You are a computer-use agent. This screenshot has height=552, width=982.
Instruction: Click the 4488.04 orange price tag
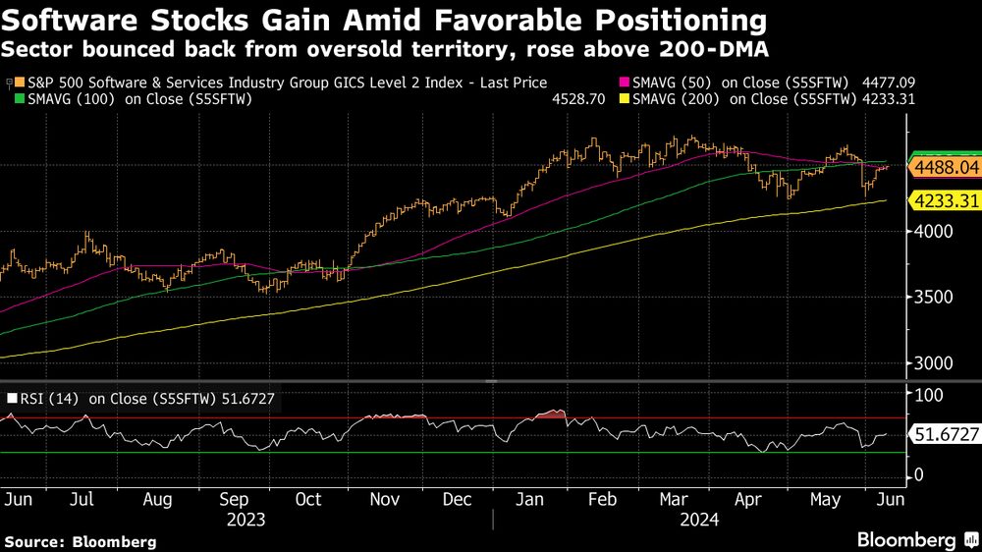click(x=947, y=169)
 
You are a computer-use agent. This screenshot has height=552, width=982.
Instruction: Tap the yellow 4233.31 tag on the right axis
click(x=947, y=200)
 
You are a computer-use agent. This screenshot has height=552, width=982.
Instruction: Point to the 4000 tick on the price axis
click(x=934, y=232)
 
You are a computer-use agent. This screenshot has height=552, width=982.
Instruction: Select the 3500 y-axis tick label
click(x=934, y=298)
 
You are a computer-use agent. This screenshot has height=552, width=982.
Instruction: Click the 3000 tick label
click(x=934, y=362)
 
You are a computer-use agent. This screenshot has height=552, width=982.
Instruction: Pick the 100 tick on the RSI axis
click(x=928, y=395)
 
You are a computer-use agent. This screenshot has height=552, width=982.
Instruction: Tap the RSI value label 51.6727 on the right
click(x=947, y=433)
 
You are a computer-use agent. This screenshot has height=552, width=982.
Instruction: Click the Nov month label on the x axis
click(x=384, y=499)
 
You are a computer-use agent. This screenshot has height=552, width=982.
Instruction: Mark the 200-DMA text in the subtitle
click(x=737, y=48)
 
